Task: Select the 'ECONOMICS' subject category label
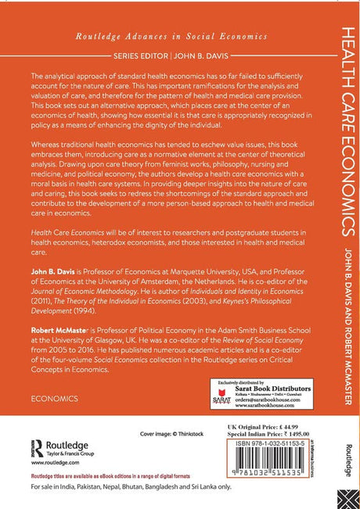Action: tap(56, 398)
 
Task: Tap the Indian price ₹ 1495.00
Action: tap(284, 430)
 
